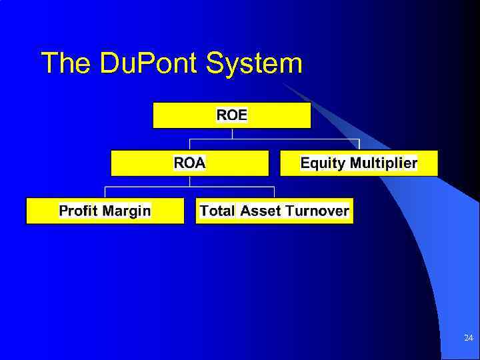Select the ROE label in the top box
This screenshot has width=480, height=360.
click(x=232, y=115)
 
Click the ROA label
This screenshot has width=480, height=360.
click(x=189, y=163)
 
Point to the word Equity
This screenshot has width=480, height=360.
click(x=323, y=163)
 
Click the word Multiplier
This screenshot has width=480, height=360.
click(x=384, y=163)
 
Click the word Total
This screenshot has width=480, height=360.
click(x=217, y=211)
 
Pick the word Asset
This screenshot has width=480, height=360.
click(x=261, y=211)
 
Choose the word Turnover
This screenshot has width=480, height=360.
click(x=317, y=211)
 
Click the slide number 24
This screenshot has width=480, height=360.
click(x=469, y=339)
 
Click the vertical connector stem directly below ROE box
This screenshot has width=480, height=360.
click(x=232, y=133)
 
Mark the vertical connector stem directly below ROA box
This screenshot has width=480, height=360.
click(x=190, y=181)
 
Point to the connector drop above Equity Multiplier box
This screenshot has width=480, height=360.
click(x=359, y=145)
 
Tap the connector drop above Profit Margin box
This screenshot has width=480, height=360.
click(x=105, y=193)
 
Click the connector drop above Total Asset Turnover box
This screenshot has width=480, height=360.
click(x=274, y=193)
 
